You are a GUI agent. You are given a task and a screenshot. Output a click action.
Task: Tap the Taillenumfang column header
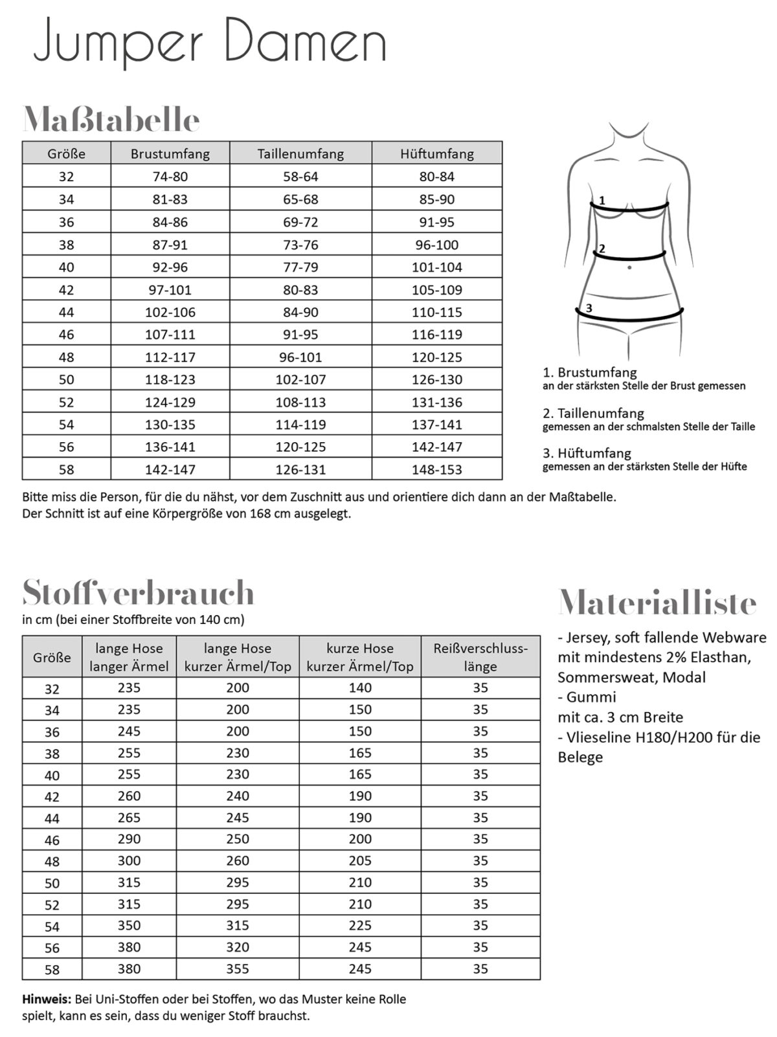(300, 154)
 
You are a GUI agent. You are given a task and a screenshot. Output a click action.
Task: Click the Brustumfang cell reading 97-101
(170, 290)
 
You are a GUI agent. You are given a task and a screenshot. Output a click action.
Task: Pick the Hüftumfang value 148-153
(437, 469)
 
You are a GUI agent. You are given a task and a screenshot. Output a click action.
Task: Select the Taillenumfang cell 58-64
(300, 177)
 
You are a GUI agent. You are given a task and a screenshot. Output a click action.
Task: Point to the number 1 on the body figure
(602, 201)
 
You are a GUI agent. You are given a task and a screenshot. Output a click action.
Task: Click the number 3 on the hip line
(589, 308)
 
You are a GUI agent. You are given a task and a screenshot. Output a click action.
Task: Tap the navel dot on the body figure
(629, 267)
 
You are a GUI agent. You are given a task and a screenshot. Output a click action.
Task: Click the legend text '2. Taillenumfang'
(593, 413)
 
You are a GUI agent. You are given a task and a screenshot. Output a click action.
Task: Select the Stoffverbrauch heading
(138, 592)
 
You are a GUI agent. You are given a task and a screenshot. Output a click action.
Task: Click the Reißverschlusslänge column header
(480, 657)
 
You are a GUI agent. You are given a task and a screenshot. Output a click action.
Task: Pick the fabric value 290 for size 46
(129, 839)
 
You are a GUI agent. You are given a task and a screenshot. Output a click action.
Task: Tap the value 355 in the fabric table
(238, 968)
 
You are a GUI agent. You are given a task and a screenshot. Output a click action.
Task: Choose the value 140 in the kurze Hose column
(360, 688)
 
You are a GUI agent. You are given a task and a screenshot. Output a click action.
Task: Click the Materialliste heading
(657, 603)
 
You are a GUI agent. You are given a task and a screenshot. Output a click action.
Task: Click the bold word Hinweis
(47, 999)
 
